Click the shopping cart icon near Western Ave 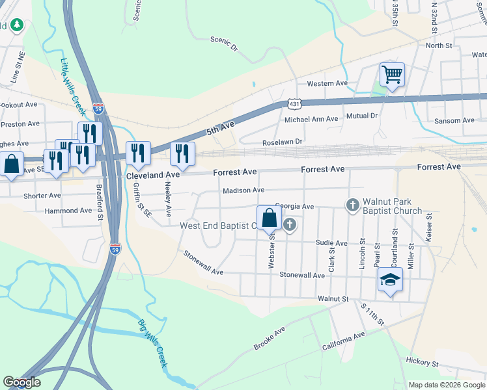tap(392, 75)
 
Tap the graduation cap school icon tap(390, 280)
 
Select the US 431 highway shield tap(294, 103)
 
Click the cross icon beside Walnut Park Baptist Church tap(352, 206)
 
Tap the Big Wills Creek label tap(152, 345)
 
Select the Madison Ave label tap(243, 190)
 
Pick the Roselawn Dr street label tap(283, 141)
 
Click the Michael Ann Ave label tap(311, 119)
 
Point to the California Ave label tap(344, 341)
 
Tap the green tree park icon tap(16, 25)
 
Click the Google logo tap(21, 382)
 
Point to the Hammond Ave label tap(68, 211)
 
